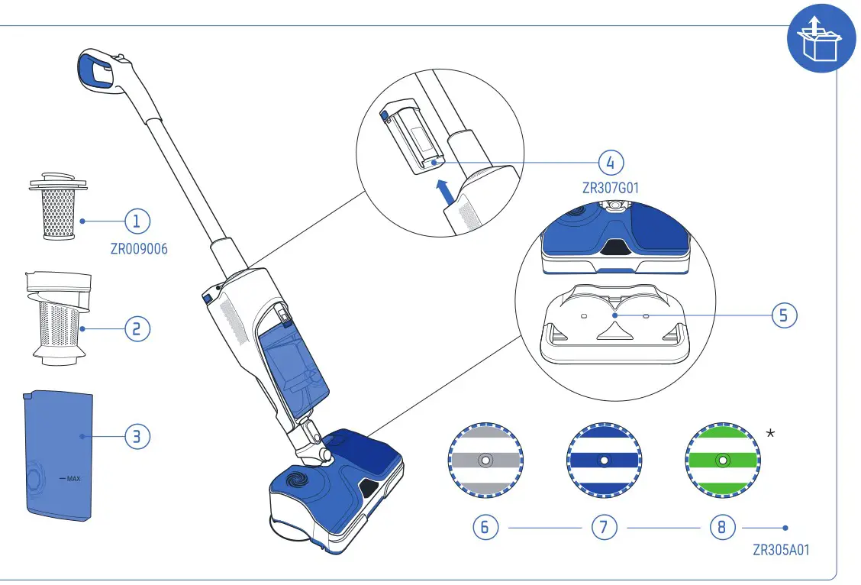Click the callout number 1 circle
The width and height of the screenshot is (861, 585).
pos(137,221)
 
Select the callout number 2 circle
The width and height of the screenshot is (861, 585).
pos(137,329)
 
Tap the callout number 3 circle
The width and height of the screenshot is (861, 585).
pos(137,437)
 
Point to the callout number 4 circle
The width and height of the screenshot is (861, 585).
pos(611,163)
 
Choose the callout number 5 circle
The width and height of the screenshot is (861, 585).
pos(784,315)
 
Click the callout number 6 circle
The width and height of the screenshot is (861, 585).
pos(485,528)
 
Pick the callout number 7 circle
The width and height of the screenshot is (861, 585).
pos(604,528)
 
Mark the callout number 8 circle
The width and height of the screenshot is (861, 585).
pos(722,528)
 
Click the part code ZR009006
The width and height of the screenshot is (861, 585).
pos(139,249)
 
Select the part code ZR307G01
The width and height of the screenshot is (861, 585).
pos(610,188)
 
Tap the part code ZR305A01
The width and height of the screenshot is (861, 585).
pos(780,550)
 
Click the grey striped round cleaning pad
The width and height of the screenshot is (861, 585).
pos(485,461)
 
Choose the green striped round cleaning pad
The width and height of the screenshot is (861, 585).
pos(723,461)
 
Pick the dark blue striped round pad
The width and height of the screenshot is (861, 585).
pos(604,461)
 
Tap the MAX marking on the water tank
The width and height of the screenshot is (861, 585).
pos(72,479)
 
